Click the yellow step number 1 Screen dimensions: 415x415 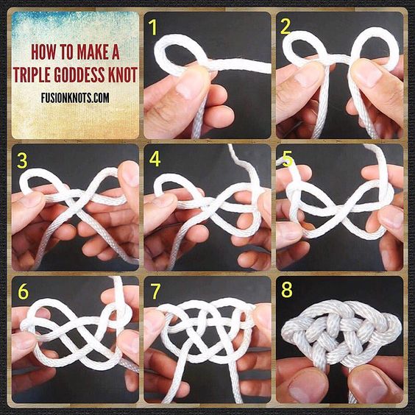[x=152, y=27]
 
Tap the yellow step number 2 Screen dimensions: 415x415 [x=285, y=27]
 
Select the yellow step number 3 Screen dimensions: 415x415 [x=22, y=160]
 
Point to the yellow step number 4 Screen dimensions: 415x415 [x=155, y=159]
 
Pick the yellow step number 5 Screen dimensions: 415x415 [x=287, y=159]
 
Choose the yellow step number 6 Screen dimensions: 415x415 [x=23, y=291]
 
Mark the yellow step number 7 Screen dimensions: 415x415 [x=155, y=291]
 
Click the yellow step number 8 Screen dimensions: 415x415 [x=287, y=289]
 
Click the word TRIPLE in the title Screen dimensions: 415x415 [x=32, y=74]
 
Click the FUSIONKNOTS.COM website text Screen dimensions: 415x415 [x=75, y=98]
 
